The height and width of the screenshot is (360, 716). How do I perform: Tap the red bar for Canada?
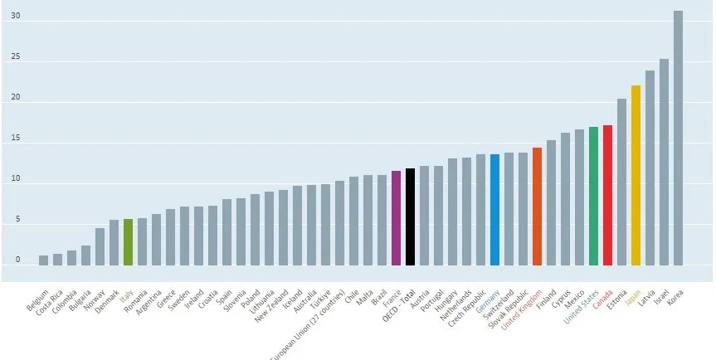tap(607, 195)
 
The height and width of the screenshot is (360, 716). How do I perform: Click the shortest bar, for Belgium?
tap(43, 260)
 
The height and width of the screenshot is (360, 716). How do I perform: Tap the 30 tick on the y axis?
tap(16, 17)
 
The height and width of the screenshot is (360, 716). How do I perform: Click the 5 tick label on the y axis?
tap(17, 221)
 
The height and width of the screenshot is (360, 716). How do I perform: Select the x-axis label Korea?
tap(674, 293)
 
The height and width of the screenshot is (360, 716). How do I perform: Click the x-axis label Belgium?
tap(38, 298)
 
